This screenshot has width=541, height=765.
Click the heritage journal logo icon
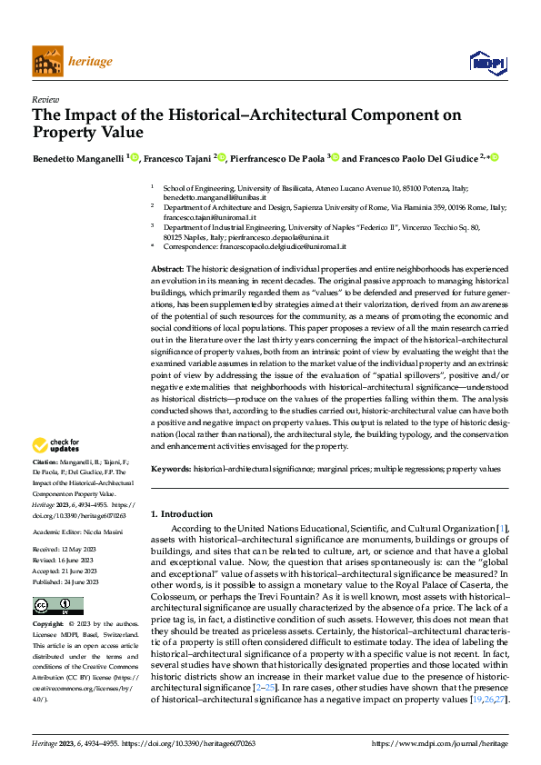[x=45, y=62]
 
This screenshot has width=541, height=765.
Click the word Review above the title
[x=45, y=100]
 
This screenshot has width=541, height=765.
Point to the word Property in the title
[x=65, y=132]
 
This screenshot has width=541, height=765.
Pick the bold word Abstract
[x=167, y=269]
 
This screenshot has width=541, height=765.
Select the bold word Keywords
[x=170, y=468]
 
